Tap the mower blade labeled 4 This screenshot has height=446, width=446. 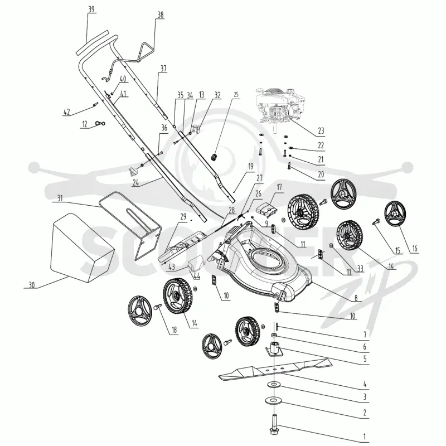click(275, 369)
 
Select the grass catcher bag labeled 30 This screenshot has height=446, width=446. click(82, 248)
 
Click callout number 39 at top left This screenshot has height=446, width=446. click(91, 9)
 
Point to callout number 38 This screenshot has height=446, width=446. click(161, 15)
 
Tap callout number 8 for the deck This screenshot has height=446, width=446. click(356, 298)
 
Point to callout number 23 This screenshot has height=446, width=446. click(321, 131)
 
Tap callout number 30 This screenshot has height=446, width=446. click(32, 285)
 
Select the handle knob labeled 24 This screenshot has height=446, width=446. click(133, 171)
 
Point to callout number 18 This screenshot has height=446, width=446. click(174, 329)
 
